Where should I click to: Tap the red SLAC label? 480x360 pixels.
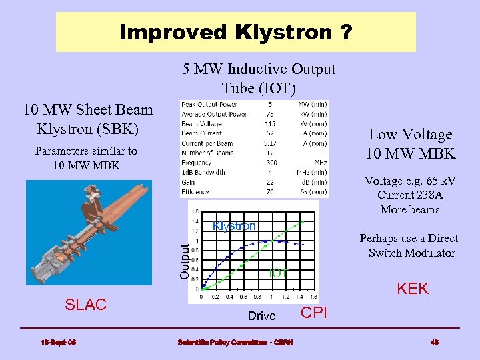pyautogui.click(x=85, y=305)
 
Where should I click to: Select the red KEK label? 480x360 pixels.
pyautogui.click(x=413, y=289)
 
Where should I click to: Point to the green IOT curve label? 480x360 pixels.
pyautogui.click(x=278, y=273)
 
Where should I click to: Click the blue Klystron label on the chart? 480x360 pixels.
pyautogui.click(x=234, y=226)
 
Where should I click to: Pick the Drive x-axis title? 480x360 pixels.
pyautogui.click(x=261, y=316)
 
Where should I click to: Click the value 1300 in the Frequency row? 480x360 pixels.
pyautogui.click(x=270, y=162)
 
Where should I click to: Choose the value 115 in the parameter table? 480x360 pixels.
pyautogui.click(x=270, y=124)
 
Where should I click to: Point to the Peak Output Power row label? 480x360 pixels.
pyautogui.click(x=209, y=105)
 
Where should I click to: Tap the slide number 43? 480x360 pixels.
pyautogui.click(x=434, y=342)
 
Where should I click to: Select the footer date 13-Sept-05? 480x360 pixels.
pyautogui.click(x=58, y=342)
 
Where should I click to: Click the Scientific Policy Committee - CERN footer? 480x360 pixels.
pyautogui.click(x=230, y=342)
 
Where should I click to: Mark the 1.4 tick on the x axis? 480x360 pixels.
pyautogui.click(x=299, y=297)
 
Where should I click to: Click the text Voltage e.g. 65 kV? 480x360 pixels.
pyautogui.click(x=409, y=181)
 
